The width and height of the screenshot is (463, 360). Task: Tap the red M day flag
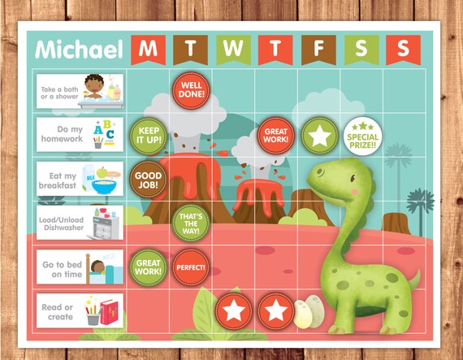[x=147, y=48]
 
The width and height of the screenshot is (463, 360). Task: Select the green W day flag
[x=232, y=48]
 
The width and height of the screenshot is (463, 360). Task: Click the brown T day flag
[x=189, y=48]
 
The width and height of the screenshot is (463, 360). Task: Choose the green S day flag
[x=359, y=48]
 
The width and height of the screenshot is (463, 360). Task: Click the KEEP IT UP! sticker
[x=147, y=133]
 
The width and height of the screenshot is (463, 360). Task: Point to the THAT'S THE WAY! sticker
[x=189, y=220]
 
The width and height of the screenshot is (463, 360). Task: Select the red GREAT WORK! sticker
[x=275, y=133]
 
